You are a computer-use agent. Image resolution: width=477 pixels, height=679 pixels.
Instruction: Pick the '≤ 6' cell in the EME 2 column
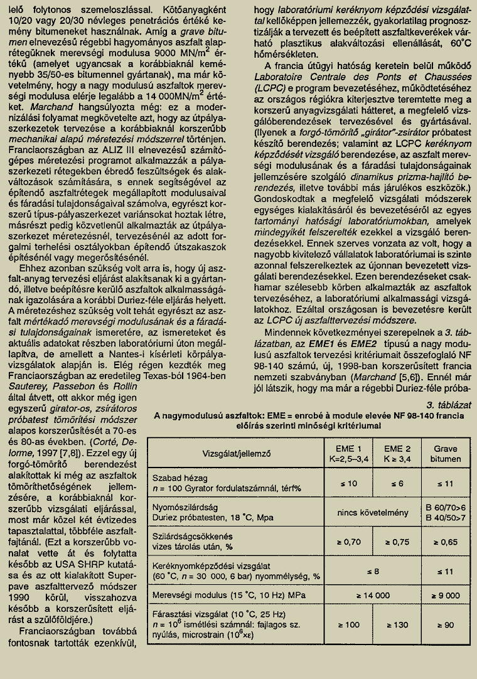pyautogui.click(x=396, y=483)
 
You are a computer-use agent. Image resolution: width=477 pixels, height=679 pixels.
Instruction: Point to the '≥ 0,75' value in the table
pyautogui.click(x=396, y=541)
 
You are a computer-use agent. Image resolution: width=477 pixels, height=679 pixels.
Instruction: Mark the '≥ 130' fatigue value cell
pyautogui.click(x=396, y=625)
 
